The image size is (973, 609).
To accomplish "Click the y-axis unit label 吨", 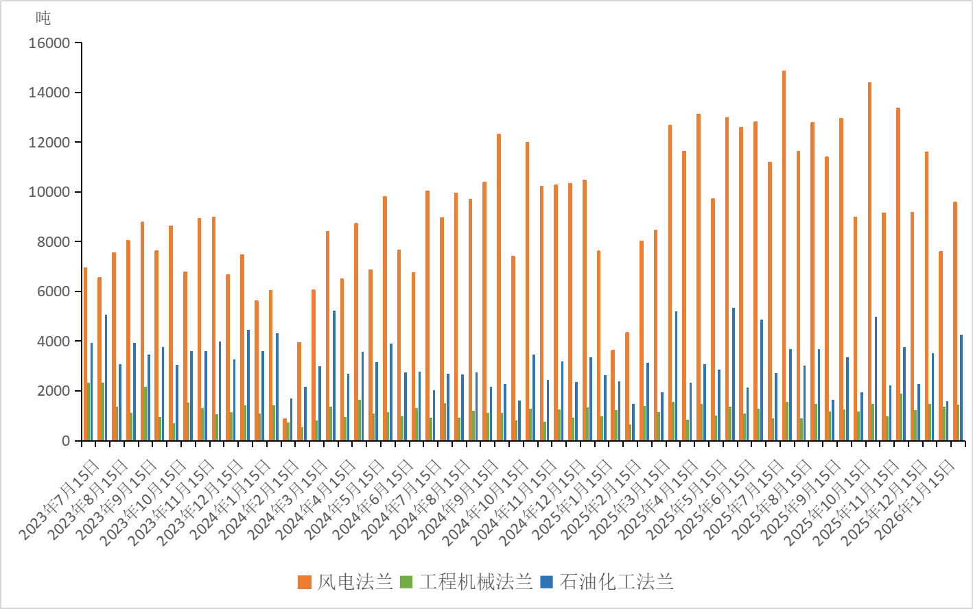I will point(43,19).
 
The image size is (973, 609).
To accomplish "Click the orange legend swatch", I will point(305,582).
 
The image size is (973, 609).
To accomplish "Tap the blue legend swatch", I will point(546,582).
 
